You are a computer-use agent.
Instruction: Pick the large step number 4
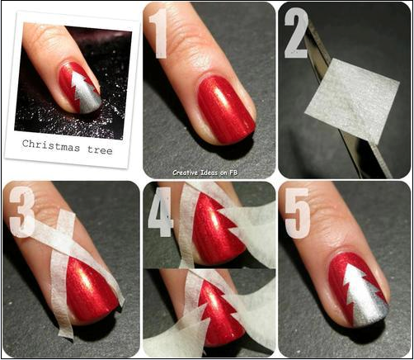[x=159, y=214]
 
